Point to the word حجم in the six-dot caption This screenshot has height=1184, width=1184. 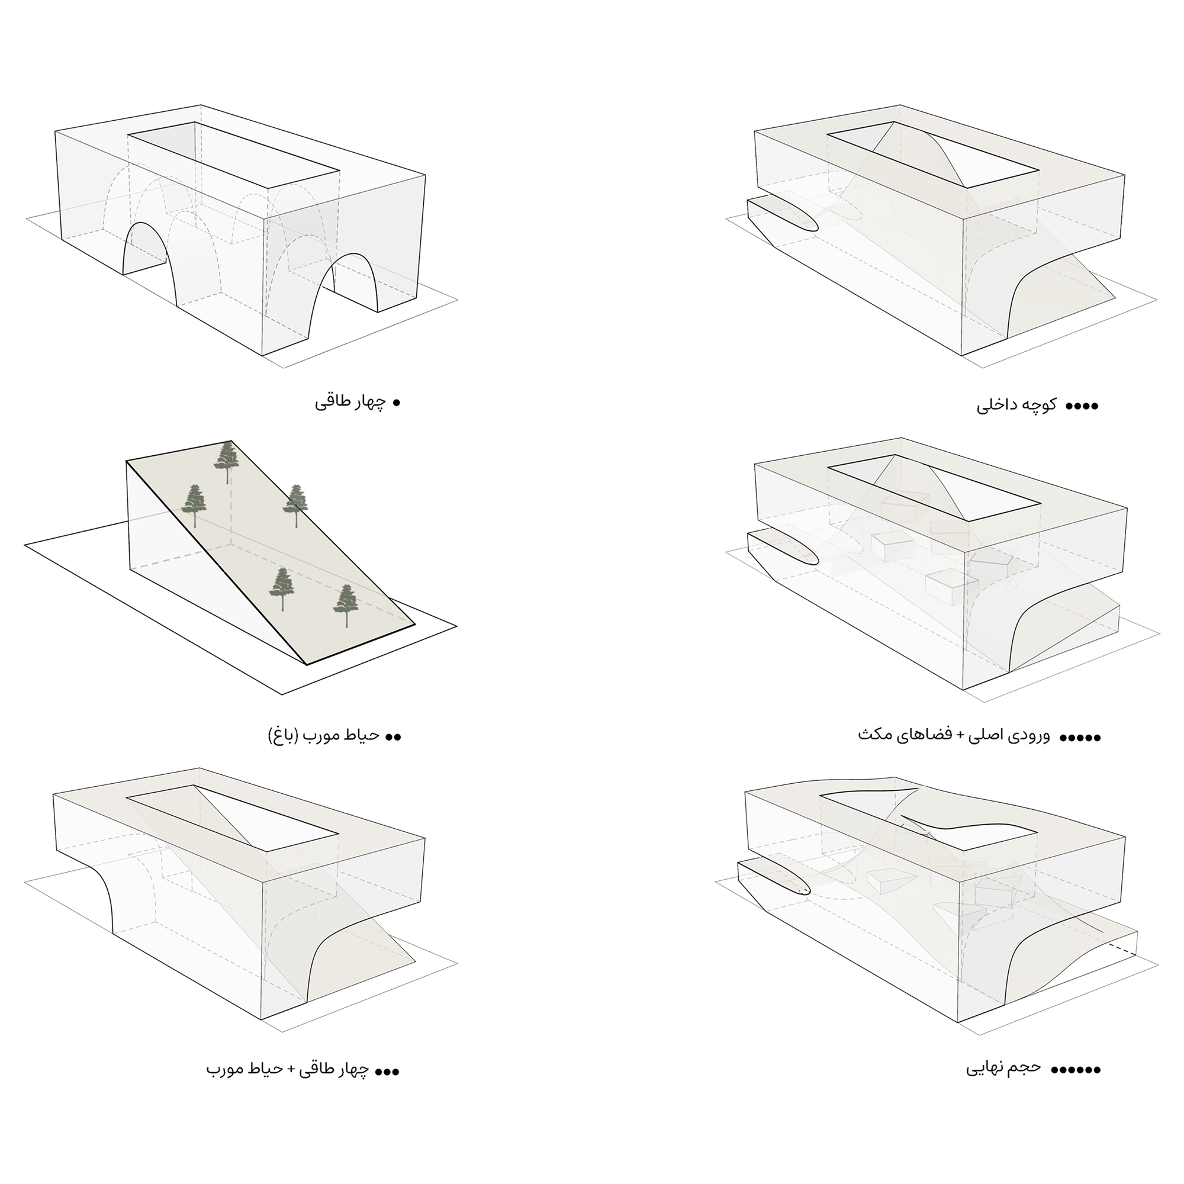1025,1067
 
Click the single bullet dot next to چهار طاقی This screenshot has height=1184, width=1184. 396,403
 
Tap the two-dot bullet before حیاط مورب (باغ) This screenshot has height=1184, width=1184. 394,736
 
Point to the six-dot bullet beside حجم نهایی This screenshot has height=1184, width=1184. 1076,1070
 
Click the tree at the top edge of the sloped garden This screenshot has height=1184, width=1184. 227,462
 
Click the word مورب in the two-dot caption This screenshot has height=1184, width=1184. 320,735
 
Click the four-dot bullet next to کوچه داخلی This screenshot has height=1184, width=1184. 1082,406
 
